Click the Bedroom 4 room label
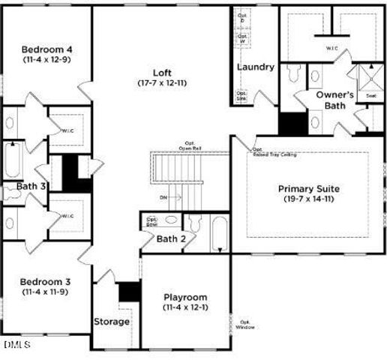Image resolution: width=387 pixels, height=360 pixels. [46, 49]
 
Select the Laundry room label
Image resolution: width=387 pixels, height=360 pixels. [256, 67]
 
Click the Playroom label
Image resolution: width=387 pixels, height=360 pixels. [185, 297]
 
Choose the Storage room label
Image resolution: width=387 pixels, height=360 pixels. [112, 322]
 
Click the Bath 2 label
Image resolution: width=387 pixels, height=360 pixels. [171, 239]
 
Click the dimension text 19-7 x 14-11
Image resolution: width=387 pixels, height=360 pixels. [309, 199]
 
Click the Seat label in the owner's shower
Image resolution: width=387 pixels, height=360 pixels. [370, 96]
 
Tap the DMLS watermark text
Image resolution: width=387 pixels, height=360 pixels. [16, 344]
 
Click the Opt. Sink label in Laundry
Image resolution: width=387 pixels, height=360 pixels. [243, 97]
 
